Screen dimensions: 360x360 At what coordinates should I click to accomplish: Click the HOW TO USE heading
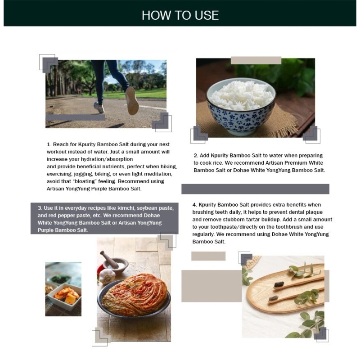pos(180,15)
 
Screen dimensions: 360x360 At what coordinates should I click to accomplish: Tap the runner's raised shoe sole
pos(132,100)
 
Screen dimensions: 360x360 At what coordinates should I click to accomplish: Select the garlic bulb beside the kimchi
pos(107,276)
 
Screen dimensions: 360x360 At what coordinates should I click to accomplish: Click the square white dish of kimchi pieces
pos(64,297)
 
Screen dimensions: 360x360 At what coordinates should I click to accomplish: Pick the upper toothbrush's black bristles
pos(279,285)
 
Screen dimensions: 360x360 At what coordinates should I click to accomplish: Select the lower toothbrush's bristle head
pos(274,298)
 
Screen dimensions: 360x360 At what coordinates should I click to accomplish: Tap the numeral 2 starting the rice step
pos(195,155)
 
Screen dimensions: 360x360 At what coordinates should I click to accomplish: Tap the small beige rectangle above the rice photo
pos(256,60)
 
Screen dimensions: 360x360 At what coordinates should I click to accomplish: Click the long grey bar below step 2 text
pos(255,189)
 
